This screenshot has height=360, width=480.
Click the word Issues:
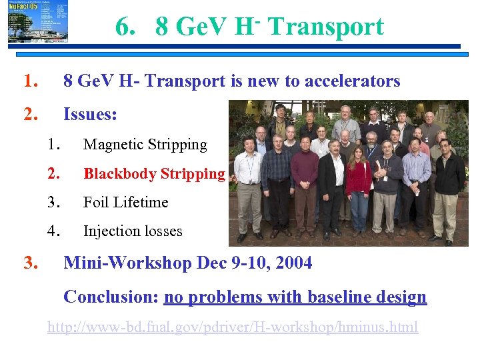point(90,115)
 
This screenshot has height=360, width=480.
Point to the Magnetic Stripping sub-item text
point(145,145)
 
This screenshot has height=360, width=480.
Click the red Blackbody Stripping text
point(154,174)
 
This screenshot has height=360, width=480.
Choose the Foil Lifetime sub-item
point(125,203)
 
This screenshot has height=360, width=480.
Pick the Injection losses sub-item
point(133,232)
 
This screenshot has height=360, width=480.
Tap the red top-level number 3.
point(30,263)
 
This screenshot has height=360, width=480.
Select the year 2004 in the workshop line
point(291,263)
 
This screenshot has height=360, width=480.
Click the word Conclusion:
point(110,297)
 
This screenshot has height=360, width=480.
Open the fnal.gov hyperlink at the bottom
point(232,327)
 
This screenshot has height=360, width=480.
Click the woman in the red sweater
point(359,183)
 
